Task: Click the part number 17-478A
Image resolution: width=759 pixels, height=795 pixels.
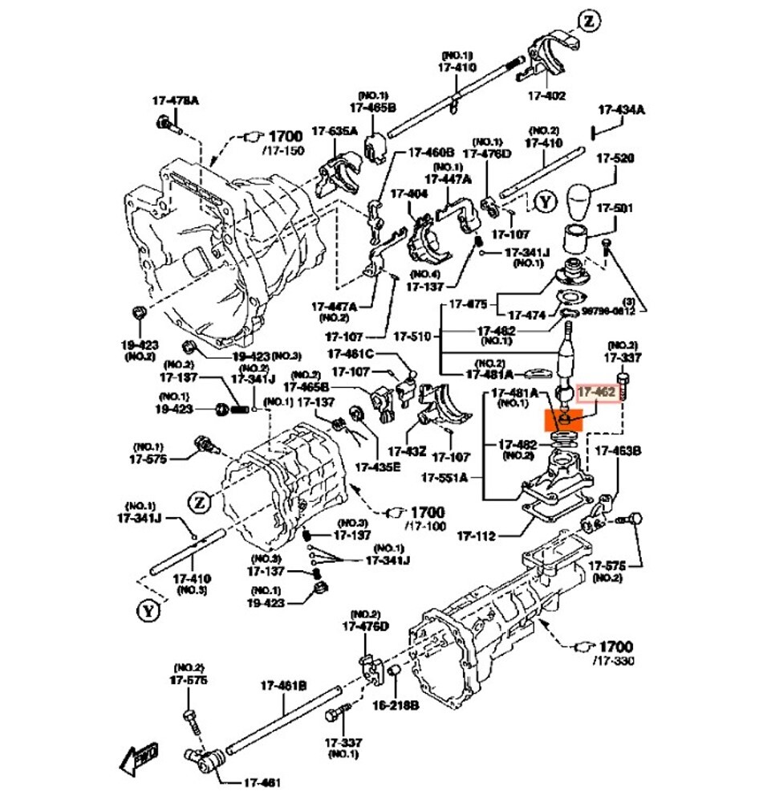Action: (x=175, y=100)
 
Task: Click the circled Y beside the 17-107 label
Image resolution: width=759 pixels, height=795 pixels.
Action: (x=546, y=201)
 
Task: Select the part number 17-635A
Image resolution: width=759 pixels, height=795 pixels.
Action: (x=335, y=132)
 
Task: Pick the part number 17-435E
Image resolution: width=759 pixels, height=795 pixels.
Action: (x=377, y=467)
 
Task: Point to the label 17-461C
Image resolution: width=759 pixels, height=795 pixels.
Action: (x=351, y=353)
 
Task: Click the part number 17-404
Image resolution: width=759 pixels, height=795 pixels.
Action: (x=409, y=194)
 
